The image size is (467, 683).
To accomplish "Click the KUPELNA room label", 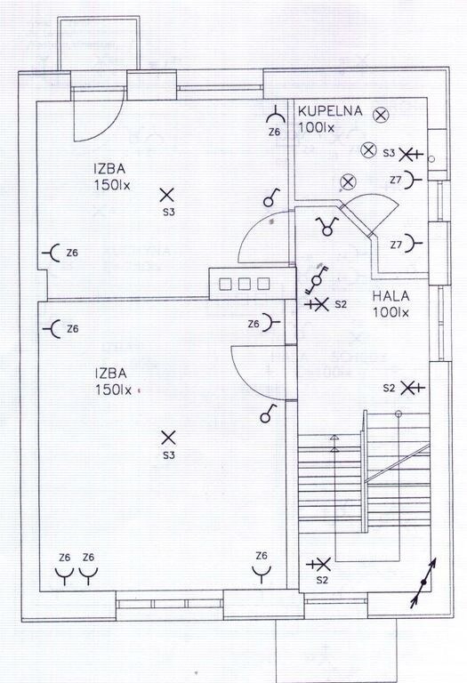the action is click(330, 110).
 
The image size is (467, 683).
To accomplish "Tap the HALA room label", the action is click(391, 296).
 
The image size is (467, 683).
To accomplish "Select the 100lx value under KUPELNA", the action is click(317, 128).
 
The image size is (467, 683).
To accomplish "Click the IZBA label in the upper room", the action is click(109, 168).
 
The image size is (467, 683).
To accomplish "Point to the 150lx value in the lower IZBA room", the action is click(113, 390).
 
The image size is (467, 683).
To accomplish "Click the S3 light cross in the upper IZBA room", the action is click(167, 195).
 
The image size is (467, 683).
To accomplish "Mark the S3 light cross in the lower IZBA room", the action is click(168, 438).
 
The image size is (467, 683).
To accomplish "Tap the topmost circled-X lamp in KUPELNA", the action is click(381, 116).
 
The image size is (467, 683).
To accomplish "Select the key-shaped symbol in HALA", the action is click(317, 279).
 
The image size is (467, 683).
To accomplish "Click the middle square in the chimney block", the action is click(244, 284).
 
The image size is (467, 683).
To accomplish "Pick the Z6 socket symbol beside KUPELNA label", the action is click(276, 115).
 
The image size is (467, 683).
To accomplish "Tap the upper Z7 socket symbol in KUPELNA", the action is click(413, 180).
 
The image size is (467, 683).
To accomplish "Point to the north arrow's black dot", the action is click(423, 582).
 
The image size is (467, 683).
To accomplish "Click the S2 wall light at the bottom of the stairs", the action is click(319, 565).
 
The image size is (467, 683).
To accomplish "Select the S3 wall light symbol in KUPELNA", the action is click(411, 154).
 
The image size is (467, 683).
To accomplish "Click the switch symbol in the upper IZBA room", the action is click(271, 197).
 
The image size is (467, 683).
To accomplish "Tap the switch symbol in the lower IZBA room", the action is click(268, 414).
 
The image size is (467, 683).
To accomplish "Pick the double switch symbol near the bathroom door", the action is click(327, 226).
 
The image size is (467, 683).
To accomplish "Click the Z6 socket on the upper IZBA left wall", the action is click(52, 253).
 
